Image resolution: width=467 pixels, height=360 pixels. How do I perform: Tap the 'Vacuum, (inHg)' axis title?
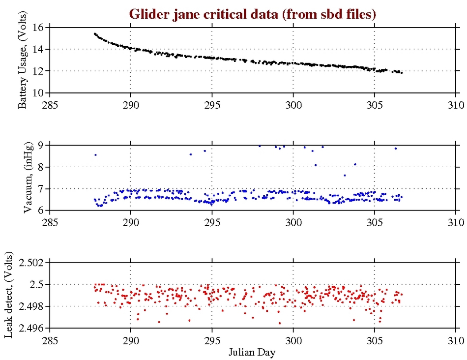click(29, 178)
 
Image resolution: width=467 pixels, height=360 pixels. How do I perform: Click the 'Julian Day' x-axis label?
click(253, 352)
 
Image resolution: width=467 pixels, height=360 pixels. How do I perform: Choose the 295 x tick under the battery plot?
click(212, 104)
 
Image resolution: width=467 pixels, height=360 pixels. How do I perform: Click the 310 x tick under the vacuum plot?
click(456, 222)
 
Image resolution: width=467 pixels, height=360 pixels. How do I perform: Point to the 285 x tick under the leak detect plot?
click(50, 340)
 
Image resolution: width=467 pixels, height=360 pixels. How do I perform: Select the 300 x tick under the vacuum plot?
click(293, 222)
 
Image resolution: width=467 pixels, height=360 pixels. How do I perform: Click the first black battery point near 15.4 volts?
click(95, 33)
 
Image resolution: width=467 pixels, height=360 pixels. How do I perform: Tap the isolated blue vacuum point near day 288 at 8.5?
click(95, 155)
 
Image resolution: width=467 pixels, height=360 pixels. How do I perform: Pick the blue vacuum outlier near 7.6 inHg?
click(345, 175)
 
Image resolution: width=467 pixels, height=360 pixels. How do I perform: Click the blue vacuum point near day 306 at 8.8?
click(396, 148)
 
